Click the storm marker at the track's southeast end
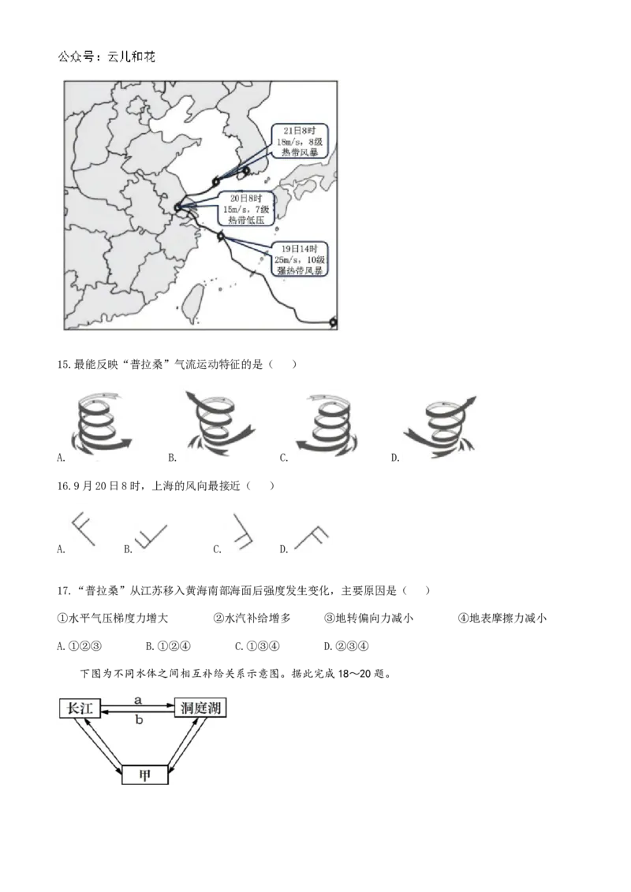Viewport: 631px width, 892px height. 333,321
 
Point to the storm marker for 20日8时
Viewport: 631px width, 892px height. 177,210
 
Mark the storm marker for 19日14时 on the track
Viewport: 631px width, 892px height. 222,235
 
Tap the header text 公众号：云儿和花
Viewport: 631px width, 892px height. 106,58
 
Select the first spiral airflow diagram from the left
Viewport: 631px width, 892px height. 104,426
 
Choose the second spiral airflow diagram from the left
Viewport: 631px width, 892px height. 218,422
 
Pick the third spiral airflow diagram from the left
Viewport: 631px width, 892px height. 328,426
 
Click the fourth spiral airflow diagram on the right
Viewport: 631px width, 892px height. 442,426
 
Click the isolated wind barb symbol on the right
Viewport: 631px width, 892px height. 312,536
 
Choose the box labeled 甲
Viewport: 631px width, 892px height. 145,775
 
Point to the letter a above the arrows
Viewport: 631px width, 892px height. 138,699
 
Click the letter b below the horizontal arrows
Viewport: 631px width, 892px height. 139,719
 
